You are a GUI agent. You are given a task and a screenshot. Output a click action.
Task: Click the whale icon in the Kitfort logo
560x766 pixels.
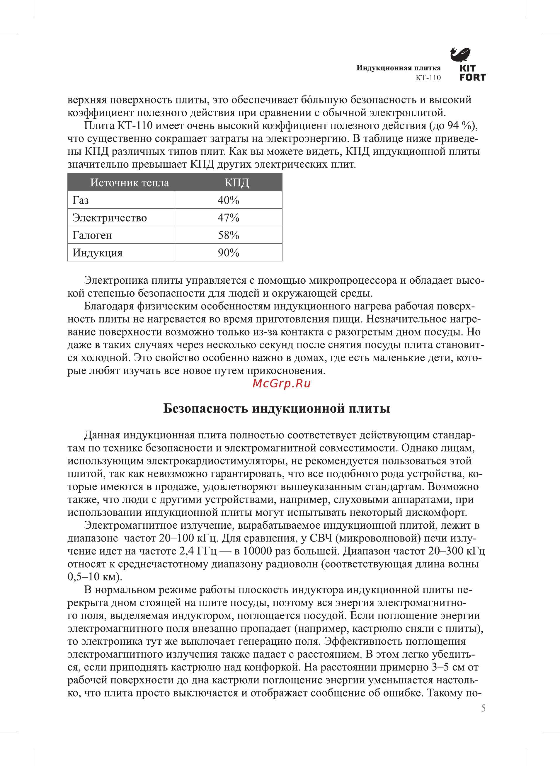pyautogui.click(x=460, y=54)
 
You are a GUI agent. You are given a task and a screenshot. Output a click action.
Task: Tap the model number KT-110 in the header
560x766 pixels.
pyautogui.click(x=428, y=78)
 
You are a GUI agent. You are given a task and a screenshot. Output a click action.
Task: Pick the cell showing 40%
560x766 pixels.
pyautogui.click(x=229, y=200)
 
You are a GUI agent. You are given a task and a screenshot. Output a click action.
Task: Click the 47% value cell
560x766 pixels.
pyautogui.click(x=229, y=218)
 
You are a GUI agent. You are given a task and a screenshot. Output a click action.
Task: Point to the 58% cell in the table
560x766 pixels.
pyautogui.click(x=229, y=235)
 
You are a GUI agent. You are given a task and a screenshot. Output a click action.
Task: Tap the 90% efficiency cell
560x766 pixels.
pyautogui.click(x=229, y=253)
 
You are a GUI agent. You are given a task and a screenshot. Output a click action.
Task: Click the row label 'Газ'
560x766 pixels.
pyautogui.click(x=81, y=200)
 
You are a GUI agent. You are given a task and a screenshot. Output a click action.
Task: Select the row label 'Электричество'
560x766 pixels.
pyautogui.click(x=110, y=218)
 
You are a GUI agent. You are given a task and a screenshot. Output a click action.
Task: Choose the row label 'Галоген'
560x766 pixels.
pyautogui.click(x=92, y=235)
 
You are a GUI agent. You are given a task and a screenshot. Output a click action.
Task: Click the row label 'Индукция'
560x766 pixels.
pyautogui.click(x=97, y=253)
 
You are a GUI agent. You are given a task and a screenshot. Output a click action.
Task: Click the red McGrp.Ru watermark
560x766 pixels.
pyautogui.click(x=281, y=384)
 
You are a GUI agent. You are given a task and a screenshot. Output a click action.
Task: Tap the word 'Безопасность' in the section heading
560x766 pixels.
pyautogui.click(x=206, y=409)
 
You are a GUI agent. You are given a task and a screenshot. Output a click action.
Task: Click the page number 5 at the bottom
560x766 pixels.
pyautogui.click(x=483, y=708)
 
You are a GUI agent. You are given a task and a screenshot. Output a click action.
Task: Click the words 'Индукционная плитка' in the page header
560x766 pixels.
pyautogui.click(x=398, y=68)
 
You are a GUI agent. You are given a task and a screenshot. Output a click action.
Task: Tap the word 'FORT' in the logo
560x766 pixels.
pyautogui.click(x=473, y=78)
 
